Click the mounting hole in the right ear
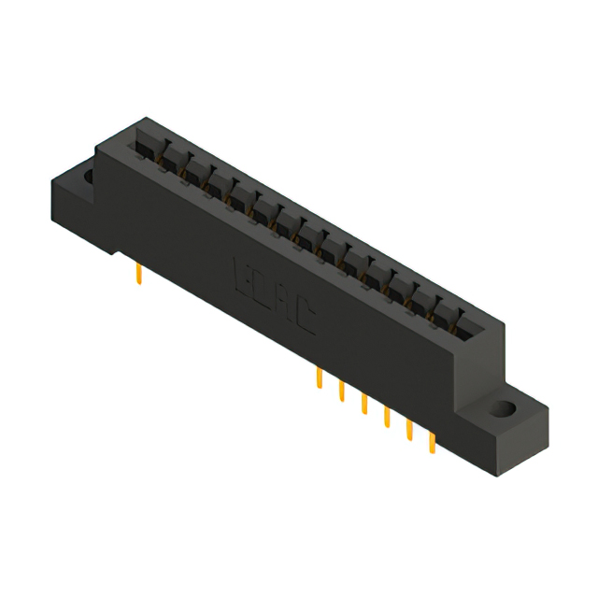click(x=505, y=409)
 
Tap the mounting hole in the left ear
click(x=90, y=175)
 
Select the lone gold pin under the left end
click(x=139, y=274)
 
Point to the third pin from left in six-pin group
click(x=364, y=403)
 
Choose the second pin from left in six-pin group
click(x=342, y=391)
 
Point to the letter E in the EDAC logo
click(x=239, y=274)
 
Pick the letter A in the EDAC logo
click(x=285, y=303)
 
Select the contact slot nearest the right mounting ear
click(x=463, y=326)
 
